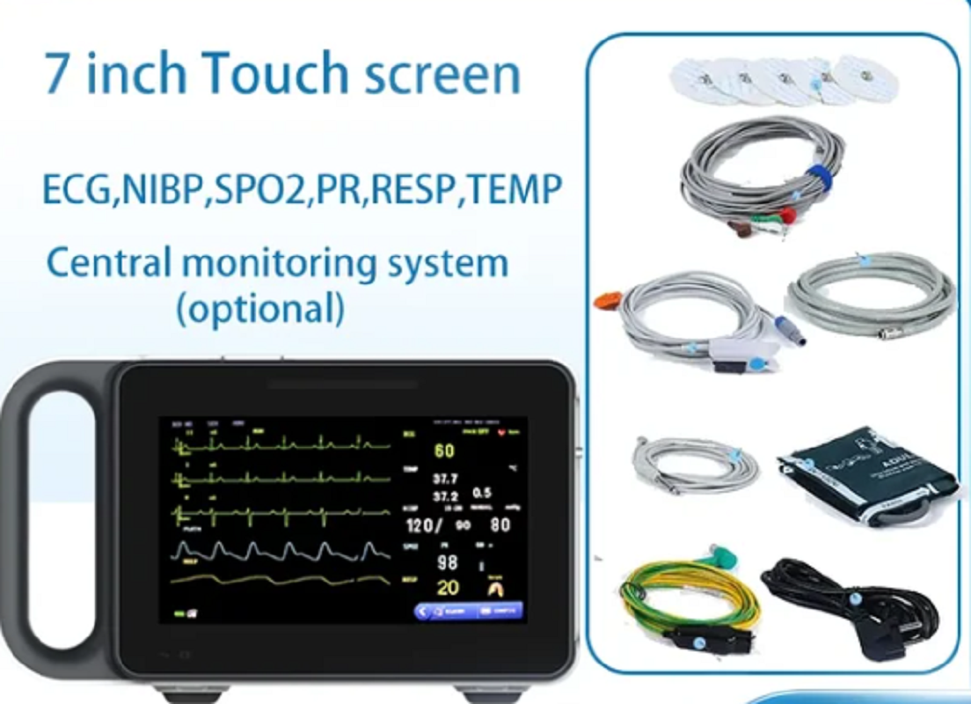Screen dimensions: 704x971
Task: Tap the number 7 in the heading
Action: click(58, 74)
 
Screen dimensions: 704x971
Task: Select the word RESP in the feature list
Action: click(412, 189)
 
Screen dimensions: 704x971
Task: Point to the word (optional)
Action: click(260, 309)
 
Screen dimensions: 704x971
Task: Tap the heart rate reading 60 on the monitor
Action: click(444, 451)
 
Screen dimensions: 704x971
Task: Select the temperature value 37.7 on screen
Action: click(444, 480)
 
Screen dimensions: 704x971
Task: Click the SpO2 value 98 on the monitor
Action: click(447, 562)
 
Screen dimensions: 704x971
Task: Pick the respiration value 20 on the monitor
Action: click(448, 588)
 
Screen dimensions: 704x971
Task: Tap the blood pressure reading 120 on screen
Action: click(422, 526)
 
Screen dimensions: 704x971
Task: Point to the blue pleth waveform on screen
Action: click(281, 551)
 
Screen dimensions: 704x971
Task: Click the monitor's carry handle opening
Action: click(61, 519)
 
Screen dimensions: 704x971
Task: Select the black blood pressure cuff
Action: click(866, 475)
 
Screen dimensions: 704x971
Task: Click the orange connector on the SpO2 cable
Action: click(608, 299)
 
